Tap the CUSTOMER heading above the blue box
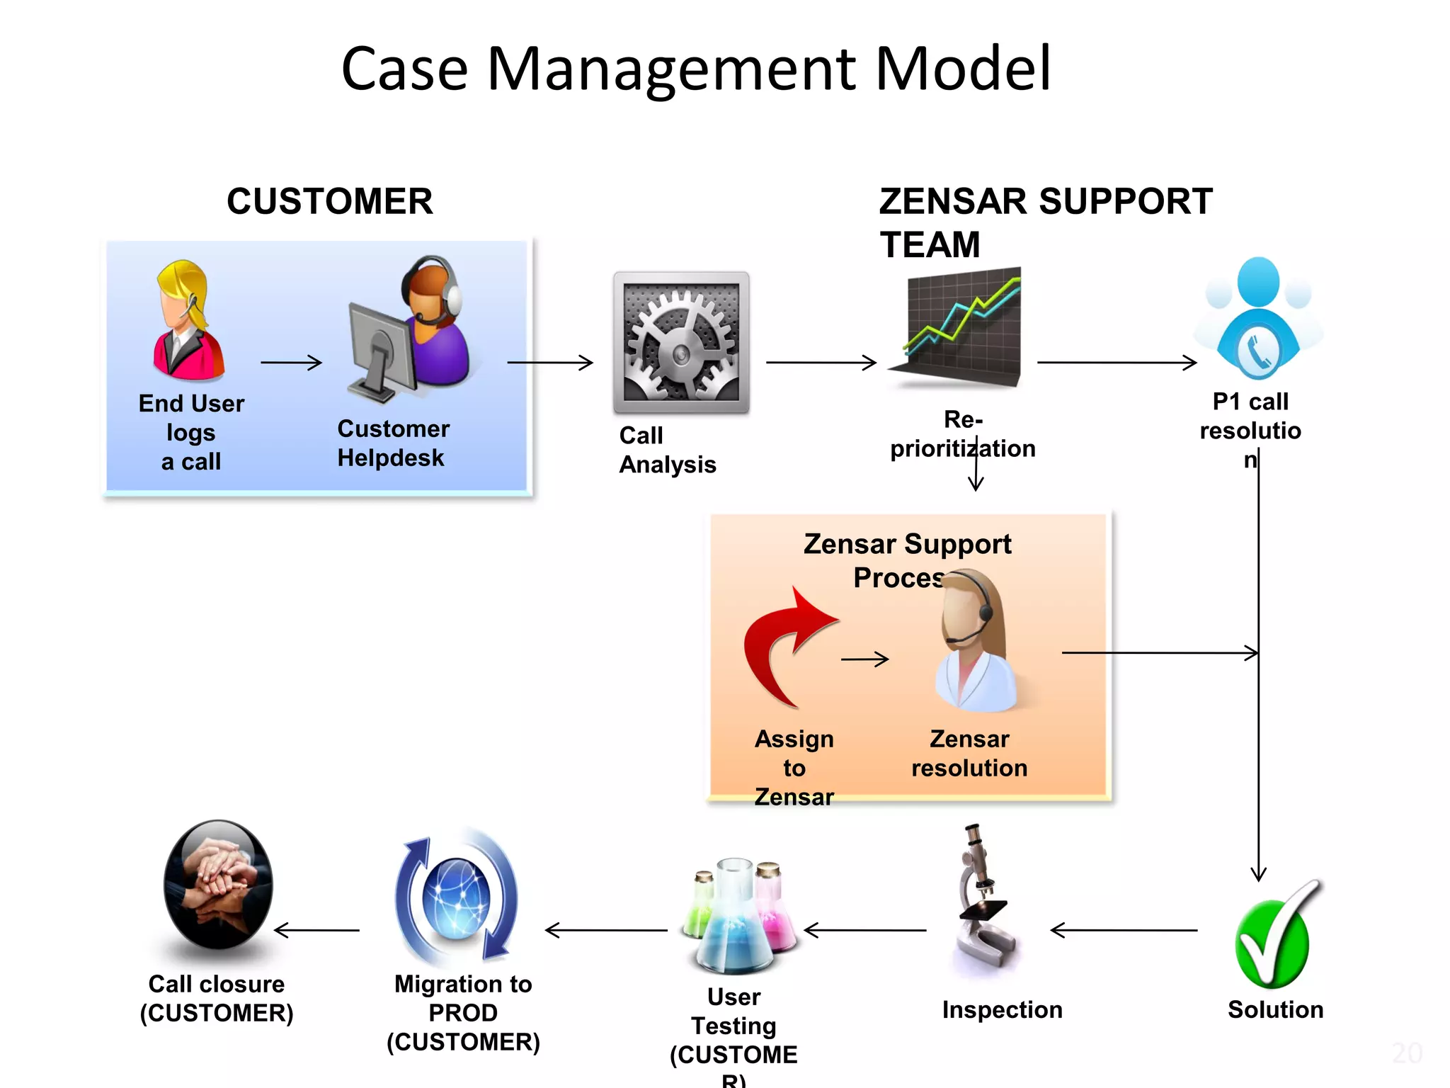pos(329,201)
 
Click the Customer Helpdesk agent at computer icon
pos(411,329)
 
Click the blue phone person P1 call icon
pos(1258,319)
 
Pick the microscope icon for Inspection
pos(984,900)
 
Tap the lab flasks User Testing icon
pos(736,917)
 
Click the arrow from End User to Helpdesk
pos(291,363)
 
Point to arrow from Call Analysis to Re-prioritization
pos(821,363)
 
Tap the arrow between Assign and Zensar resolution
pos(864,659)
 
